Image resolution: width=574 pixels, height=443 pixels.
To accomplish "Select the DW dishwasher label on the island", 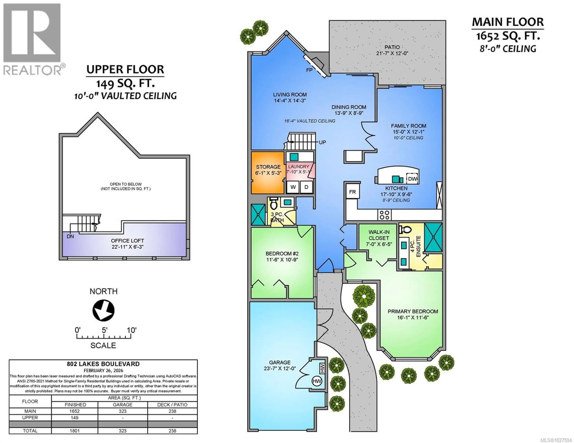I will click(413, 179).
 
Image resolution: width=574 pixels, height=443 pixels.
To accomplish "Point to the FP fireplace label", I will click(309, 70).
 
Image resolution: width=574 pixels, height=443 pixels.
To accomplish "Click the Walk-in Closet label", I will click(379, 235).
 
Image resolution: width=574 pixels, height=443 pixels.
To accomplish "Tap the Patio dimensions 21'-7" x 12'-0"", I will click(392, 53).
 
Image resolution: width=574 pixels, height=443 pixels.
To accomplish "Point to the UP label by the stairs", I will click(322, 142).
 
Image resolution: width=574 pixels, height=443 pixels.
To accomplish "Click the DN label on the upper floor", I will click(70, 236).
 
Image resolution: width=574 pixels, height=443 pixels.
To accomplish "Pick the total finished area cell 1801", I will click(75, 431).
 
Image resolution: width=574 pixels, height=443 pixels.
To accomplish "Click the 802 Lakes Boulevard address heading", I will click(103, 364).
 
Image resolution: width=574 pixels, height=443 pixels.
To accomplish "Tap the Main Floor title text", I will click(507, 22).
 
